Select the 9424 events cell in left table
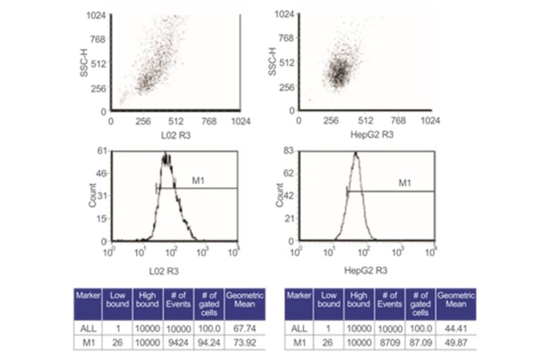tap(177, 342)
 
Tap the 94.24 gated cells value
tap(209, 342)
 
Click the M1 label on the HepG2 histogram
tap(405, 182)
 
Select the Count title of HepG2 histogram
tap(280, 195)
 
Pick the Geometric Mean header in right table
tap(455, 299)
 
